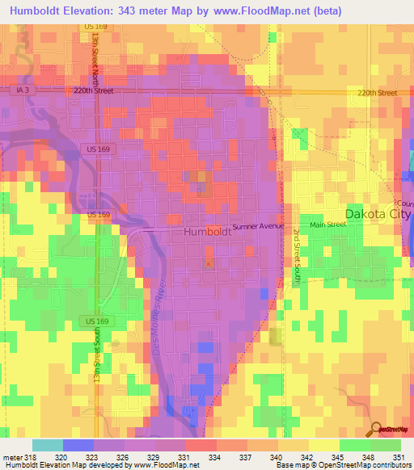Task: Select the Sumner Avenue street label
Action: click(259, 227)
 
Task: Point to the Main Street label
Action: click(326, 225)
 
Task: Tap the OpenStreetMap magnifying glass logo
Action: click(376, 430)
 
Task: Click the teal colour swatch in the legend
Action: click(47, 445)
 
